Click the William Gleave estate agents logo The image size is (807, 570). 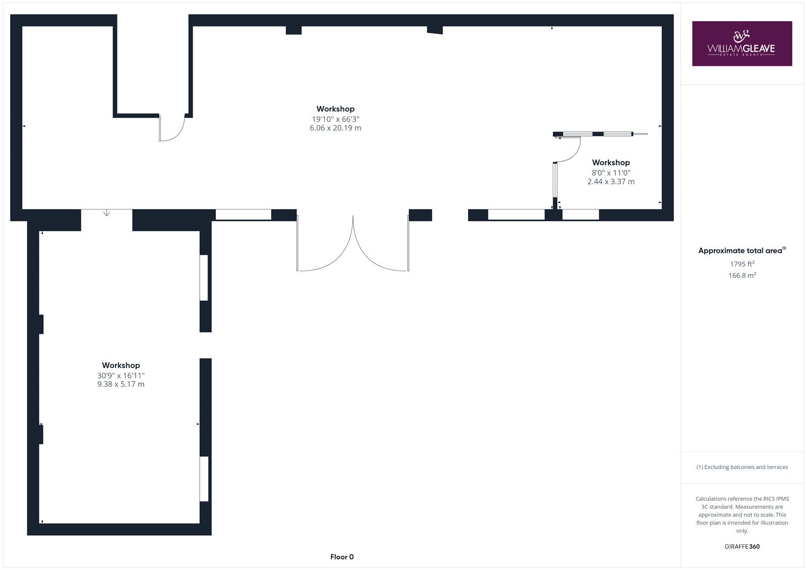click(x=742, y=43)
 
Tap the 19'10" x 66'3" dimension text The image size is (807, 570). click(x=335, y=119)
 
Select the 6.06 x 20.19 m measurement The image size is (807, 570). click(x=335, y=128)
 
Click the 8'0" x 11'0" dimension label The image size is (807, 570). click(x=611, y=173)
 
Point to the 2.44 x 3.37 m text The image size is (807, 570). click(x=611, y=181)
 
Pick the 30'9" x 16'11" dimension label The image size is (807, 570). click(x=121, y=375)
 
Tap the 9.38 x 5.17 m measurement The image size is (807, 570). click(x=121, y=384)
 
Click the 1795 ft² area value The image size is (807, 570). click(x=742, y=264)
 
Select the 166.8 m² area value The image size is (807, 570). click(x=742, y=276)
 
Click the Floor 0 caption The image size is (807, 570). click(x=342, y=557)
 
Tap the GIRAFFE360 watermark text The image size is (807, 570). click(x=742, y=547)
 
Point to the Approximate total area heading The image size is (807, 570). click(x=742, y=250)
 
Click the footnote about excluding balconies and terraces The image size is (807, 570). click(x=742, y=467)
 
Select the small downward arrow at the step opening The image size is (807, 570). click(x=106, y=213)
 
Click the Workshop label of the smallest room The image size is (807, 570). click(x=611, y=162)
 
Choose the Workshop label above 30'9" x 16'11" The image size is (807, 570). click(x=121, y=365)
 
